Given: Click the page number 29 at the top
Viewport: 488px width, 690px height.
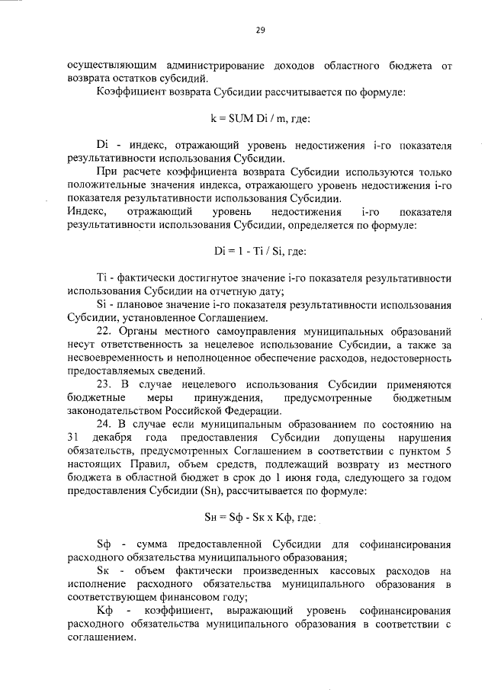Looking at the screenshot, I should [x=260, y=30].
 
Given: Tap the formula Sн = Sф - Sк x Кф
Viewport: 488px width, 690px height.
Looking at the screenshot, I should [x=260, y=518].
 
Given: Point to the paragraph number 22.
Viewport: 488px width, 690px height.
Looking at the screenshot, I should [x=105, y=332].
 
